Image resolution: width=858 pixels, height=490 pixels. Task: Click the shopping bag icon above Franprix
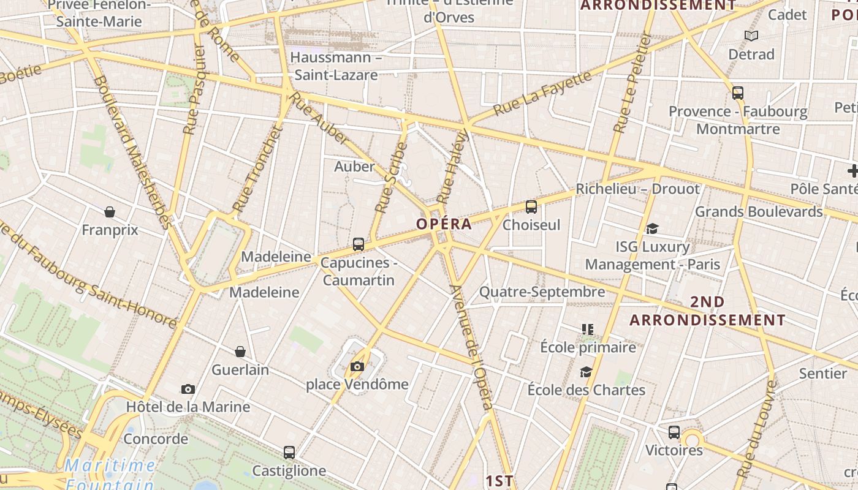pos(110,212)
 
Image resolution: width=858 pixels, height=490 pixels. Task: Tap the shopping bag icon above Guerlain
pos(240,352)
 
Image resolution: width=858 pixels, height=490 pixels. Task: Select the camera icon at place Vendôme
pos(357,367)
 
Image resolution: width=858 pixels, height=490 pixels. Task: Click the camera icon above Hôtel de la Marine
pos(188,389)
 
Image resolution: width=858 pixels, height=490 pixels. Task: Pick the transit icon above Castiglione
pos(289,453)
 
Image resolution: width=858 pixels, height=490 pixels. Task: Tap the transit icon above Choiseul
pos(531,207)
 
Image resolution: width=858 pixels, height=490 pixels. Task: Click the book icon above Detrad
pos(751,36)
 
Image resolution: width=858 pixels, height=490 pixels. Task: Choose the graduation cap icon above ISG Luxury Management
pos(652,229)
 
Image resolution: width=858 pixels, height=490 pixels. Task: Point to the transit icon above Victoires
pos(674,432)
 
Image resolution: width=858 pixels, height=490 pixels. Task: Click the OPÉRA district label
pos(444,224)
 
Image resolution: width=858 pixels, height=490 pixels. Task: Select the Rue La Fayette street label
pos(542,94)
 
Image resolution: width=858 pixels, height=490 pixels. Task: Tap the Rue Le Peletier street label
pos(631,83)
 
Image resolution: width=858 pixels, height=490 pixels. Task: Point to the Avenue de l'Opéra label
pos(471,346)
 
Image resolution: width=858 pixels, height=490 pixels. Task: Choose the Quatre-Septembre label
pos(542,292)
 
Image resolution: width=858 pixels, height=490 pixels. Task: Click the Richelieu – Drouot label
pos(637,189)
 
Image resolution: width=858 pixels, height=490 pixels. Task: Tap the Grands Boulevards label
pos(759,212)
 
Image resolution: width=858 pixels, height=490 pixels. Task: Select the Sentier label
pos(822,373)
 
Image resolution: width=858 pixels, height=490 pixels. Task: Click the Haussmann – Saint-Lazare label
pos(336,66)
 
